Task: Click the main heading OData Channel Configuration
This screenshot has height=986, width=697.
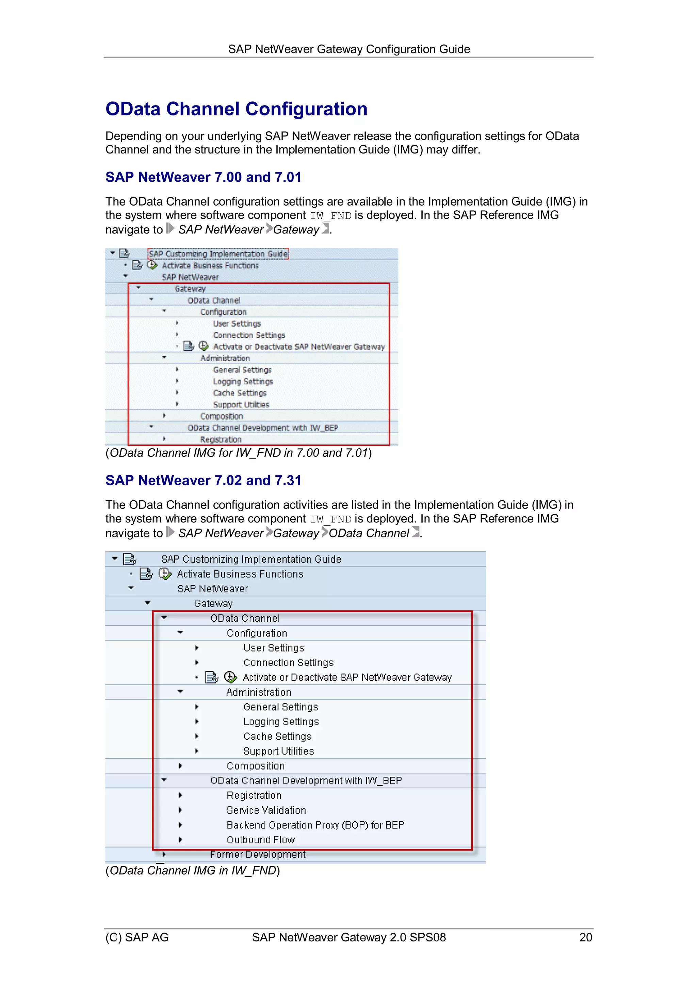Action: pos(236,109)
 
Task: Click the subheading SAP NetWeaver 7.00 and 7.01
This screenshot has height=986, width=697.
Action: pos(203,177)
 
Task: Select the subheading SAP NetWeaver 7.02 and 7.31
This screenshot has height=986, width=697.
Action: pos(203,480)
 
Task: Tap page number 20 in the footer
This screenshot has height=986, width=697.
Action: pos(585,937)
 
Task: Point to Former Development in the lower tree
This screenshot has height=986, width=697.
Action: pos(258,855)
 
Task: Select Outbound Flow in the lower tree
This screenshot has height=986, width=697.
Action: pos(261,840)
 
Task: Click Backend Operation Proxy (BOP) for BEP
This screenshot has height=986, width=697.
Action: pos(315,825)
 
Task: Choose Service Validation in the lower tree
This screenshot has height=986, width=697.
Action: pos(266,810)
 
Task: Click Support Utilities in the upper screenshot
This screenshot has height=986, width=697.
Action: pos(241,405)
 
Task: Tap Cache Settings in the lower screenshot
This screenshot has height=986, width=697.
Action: pos(277,737)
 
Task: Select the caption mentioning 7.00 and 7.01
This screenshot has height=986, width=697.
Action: pos(238,453)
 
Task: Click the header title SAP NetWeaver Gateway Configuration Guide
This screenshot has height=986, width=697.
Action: pos(349,49)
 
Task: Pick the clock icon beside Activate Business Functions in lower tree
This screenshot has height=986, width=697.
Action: pos(165,574)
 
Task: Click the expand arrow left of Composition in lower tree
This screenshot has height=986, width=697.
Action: pos(180,766)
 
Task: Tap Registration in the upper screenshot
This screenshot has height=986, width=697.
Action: pos(221,439)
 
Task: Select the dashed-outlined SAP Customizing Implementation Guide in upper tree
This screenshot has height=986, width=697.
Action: pos(218,254)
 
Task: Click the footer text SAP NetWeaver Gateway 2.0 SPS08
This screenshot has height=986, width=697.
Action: pos(349,937)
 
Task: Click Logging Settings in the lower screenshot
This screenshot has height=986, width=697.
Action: pos(281,722)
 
